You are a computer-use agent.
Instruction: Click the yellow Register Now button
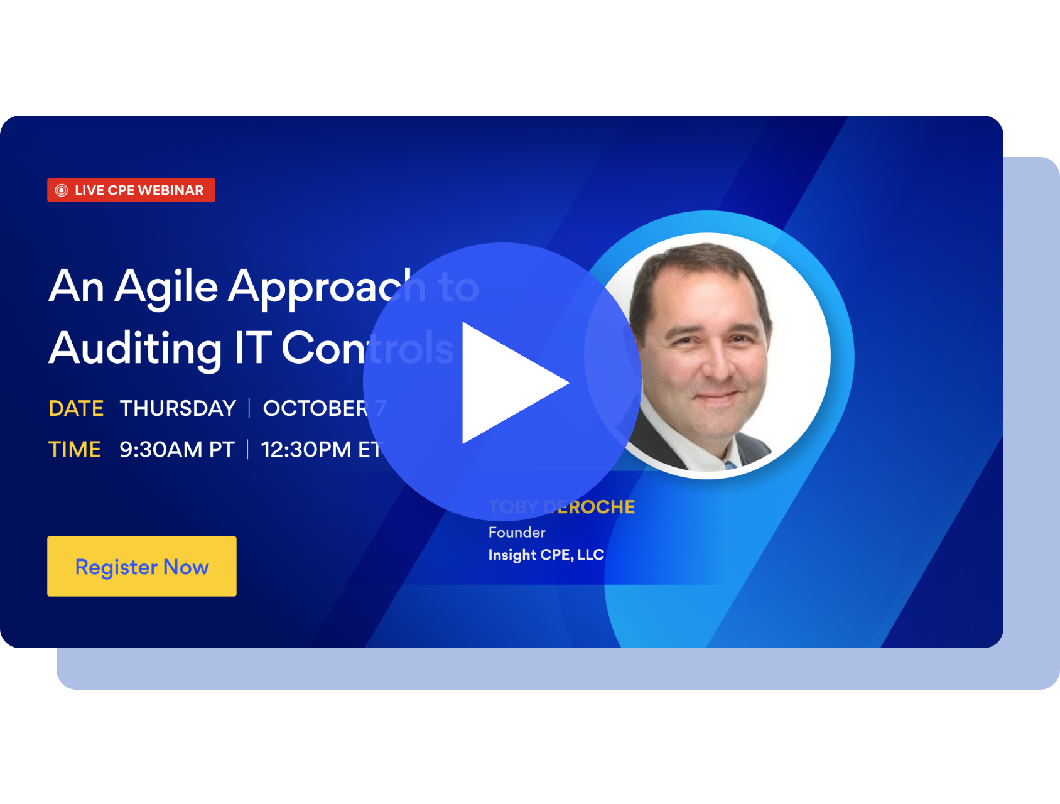142,566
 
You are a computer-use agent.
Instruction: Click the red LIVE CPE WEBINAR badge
131,190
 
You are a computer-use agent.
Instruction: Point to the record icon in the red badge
62,190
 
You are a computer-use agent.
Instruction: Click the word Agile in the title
166,287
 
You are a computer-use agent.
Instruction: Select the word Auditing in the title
135,349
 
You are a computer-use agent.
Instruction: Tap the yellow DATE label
76,408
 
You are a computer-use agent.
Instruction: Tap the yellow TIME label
75,450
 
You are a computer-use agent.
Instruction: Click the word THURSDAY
178,408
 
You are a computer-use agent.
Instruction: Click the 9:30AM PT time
177,450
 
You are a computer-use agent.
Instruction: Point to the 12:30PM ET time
320,450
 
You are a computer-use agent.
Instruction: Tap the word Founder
517,533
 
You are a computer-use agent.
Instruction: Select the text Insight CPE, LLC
546,555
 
